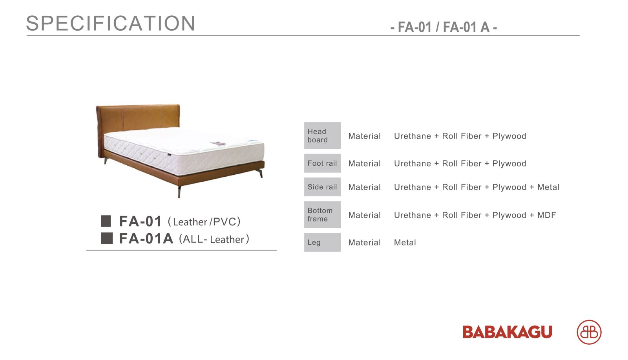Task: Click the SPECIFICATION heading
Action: coord(111,23)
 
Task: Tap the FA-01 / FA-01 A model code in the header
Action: coord(444,27)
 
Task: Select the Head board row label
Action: coord(318,135)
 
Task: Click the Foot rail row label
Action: coord(322,163)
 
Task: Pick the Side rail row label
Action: coord(322,187)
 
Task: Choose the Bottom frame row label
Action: coord(320,214)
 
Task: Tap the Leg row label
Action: coord(314,243)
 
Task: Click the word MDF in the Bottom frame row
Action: coord(546,215)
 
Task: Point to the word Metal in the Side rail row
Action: coord(548,187)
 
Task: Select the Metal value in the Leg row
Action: coord(405,243)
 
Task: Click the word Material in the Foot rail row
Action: coord(365,163)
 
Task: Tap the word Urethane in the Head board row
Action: coord(413,136)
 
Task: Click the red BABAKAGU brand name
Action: coord(507,332)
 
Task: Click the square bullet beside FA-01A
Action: coord(107,238)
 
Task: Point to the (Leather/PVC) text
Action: coord(204,222)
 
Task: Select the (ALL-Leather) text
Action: coord(214,239)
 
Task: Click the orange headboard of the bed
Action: coord(138,118)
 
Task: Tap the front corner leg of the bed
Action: coord(179,192)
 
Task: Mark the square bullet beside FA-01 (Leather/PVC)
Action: coord(106,221)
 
